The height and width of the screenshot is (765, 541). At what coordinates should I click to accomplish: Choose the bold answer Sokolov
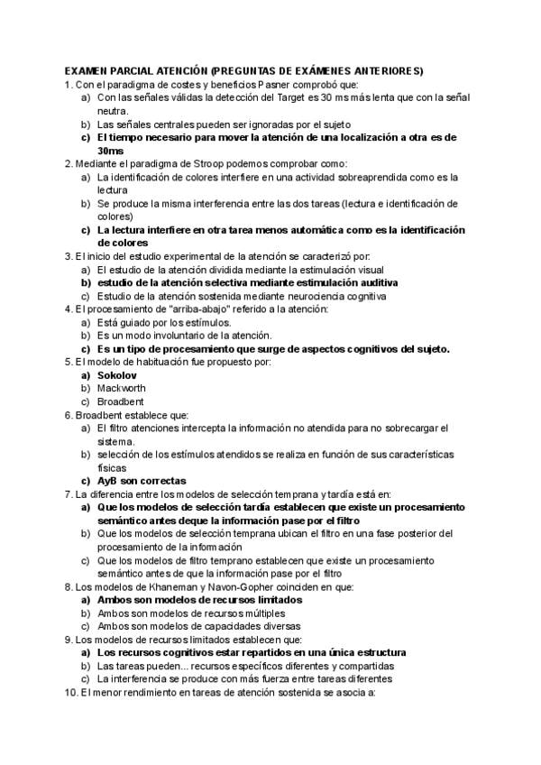pyautogui.click(x=116, y=375)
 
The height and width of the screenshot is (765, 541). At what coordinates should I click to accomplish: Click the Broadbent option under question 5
pyautogui.click(x=121, y=401)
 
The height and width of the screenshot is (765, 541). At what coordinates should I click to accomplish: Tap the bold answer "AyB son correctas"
pyautogui.click(x=142, y=481)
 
